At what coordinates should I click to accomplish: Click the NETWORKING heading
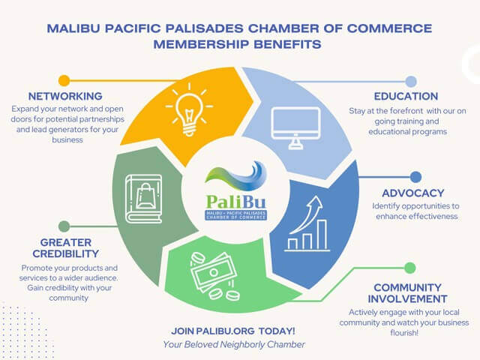pos(65,96)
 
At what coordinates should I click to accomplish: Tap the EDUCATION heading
pos(406,96)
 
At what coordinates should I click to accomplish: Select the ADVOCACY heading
pos(413,193)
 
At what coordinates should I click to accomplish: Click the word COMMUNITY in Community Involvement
pos(407,287)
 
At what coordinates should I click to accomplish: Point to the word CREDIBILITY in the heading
pos(66,253)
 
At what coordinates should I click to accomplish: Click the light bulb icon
pos(189,109)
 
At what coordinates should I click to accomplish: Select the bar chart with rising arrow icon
pos(307,223)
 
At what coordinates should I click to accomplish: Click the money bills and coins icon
pos(214,275)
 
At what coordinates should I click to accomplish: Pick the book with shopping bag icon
pos(143,199)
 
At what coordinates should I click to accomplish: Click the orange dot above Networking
pos(64,81)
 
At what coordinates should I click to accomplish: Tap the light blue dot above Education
pos(411,82)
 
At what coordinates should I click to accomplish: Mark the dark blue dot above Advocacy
pos(415,177)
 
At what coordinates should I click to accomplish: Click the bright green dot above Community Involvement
pos(410,268)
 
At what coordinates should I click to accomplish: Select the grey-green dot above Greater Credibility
pos(64,226)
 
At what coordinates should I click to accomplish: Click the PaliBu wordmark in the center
pos(235,202)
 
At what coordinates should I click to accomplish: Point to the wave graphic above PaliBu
pos(235,176)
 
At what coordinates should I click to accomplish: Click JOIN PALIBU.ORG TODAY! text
pos(233,331)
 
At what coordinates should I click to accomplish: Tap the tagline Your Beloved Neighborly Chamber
pos(234,345)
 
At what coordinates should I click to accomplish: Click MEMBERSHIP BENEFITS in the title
pos(237,45)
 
